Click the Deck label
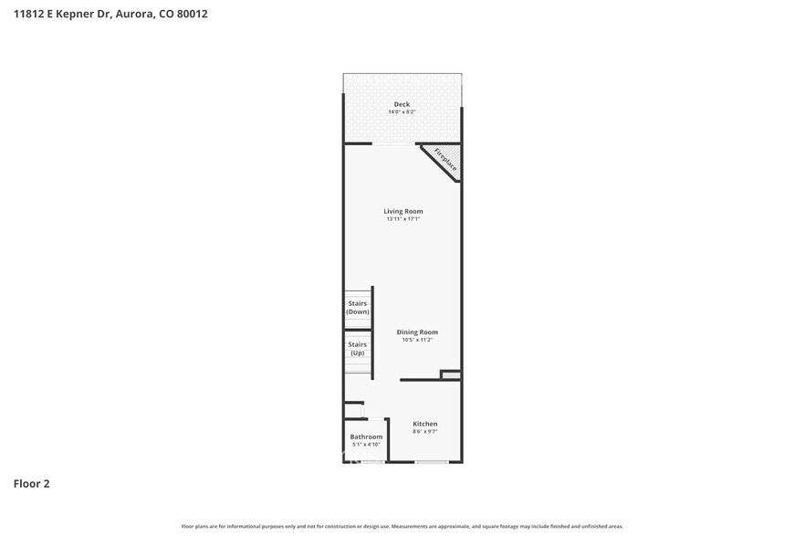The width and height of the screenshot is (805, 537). [x=402, y=104]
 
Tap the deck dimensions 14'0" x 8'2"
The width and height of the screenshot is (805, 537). [x=402, y=112]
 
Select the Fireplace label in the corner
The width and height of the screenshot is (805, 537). [x=445, y=159]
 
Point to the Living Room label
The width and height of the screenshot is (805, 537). [x=402, y=211]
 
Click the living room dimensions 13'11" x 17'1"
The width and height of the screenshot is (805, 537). [x=402, y=219]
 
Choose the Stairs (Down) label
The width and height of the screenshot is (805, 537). [x=358, y=308]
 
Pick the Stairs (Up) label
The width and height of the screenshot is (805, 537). [x=358, y=349]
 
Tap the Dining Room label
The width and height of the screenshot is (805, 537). [x=417, y=332]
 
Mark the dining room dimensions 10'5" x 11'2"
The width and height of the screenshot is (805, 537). [x=417, y=340]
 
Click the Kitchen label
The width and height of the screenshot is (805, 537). [x=425, y=424]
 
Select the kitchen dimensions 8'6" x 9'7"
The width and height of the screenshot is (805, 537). [x=425, y=431]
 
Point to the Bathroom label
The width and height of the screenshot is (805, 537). [x=366, y=437]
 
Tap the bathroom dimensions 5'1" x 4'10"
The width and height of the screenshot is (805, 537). [x=366, y=445]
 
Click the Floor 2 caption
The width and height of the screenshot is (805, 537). [x=31, y=483]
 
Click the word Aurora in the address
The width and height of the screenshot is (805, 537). [x=135, y=14]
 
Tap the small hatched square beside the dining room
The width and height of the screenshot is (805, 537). [x=450, y=374]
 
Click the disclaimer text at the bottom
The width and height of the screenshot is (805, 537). [x=402, y=526]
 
